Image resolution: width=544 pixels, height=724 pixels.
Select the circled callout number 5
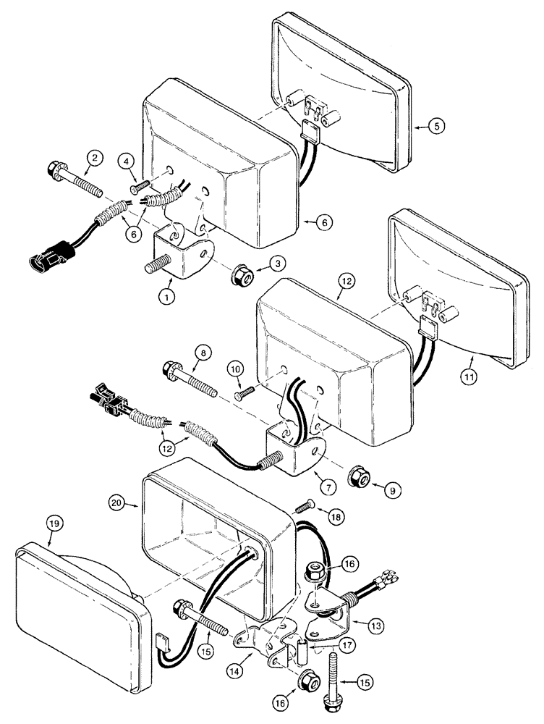[436, 126]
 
